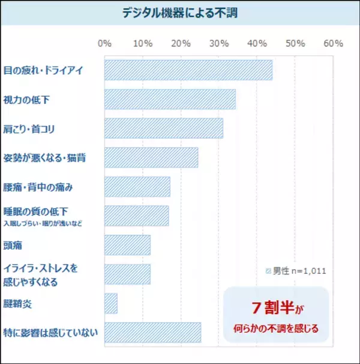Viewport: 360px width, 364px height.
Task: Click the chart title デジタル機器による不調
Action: pos(180,13)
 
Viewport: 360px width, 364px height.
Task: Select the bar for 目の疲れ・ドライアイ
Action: pos(188,70)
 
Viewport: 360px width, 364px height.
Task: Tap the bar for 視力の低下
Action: pos(170,99)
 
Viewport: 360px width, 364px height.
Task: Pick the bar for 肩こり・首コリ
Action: pos(163,129)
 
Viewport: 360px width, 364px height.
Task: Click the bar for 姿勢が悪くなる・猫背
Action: pos(151,157)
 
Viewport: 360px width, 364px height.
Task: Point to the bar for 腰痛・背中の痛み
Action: pos(137,187)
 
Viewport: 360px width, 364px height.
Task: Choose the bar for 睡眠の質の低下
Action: pos(136,216)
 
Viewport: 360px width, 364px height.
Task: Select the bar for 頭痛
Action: pos(127,245)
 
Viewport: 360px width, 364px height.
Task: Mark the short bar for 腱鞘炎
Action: pos(110,303)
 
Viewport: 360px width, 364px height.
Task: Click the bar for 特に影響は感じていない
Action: pos(152,332)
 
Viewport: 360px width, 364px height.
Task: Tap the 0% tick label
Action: pos(104,44)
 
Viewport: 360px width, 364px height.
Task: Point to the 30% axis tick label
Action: pos(218,44)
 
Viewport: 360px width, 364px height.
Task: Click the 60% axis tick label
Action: pos(333,44)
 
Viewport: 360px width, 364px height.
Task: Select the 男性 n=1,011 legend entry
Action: pos(296,271)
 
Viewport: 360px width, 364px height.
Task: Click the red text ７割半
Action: pos(271,308)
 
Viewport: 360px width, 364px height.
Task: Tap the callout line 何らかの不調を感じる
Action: pos(276,329)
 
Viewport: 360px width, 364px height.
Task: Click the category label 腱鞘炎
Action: pos(17,303)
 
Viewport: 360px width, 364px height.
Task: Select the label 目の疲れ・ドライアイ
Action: pos(43,70)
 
